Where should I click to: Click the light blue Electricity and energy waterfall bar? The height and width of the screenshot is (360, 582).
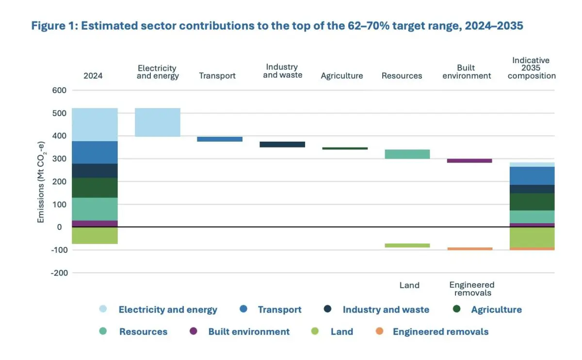click(x=158, y=122)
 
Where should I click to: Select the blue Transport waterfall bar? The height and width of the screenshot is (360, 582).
click(x=220, y=139)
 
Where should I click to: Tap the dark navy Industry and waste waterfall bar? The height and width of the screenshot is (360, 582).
click(x=282, y=145)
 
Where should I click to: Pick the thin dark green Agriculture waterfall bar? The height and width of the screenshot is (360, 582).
click(x=344, y=148)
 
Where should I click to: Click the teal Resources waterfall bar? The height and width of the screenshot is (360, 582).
click(x=406, y=154)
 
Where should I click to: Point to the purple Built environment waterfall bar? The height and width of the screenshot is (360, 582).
click(x=469, y=161)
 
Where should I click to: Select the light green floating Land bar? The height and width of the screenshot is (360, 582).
click(x=406, y=245)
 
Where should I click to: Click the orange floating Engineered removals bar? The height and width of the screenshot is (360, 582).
click(x=469, y=249)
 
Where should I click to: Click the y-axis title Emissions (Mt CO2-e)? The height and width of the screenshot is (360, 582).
click(x=41, y=182)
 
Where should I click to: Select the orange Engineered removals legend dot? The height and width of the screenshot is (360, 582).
click(x=380, y=331)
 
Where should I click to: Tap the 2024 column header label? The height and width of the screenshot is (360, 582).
click(x=93, y=76)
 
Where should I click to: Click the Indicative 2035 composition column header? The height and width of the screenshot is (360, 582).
click(x=531, y=68)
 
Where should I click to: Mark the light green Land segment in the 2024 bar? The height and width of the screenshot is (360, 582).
click(x=95, y=236)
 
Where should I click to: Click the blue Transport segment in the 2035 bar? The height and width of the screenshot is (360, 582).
click(x=532, y=176)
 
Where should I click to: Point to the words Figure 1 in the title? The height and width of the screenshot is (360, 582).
click(x=53, y=26)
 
